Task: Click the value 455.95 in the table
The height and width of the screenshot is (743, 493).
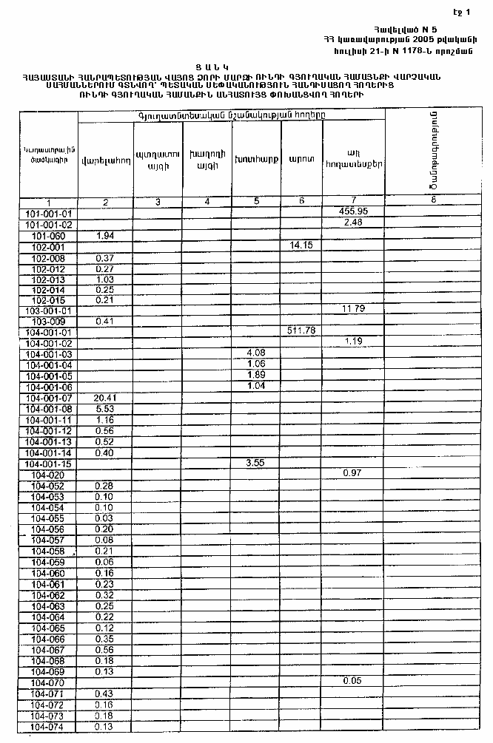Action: (352, 211)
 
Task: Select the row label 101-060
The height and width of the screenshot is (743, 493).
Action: (49, 235)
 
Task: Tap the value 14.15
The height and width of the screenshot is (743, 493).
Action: (302, 245)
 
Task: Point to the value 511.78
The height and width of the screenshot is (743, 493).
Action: (302, 330)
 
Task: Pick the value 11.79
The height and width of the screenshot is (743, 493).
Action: (353, 308)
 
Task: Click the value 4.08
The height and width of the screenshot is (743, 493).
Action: (255, 352)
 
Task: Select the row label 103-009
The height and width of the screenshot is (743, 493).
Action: (49, 322)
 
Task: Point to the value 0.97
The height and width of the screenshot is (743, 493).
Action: (352, 472)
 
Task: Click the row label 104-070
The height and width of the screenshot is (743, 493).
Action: (49, 682)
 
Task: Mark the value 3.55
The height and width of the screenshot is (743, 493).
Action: (255, 463)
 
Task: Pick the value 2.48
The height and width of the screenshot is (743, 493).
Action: (352, 223)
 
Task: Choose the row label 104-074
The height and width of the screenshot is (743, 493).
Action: (49, 727)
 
